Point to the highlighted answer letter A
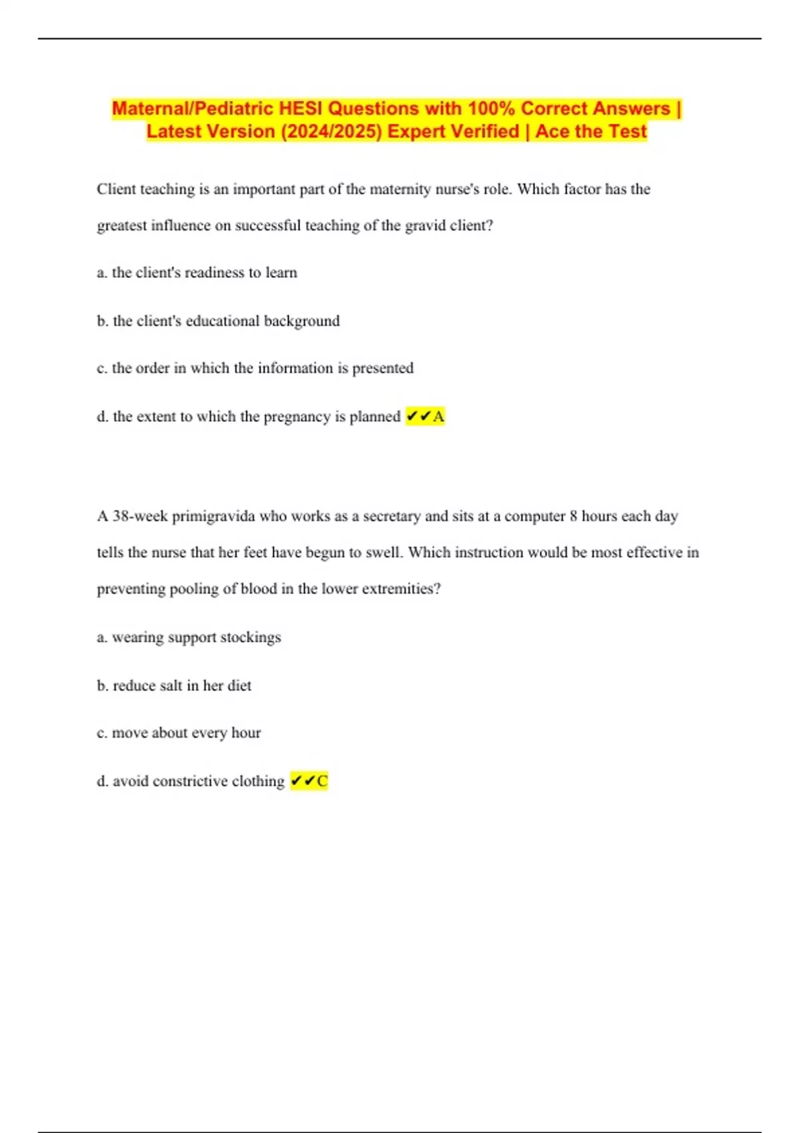click(x=439, y=417)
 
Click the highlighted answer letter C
click(x=322, y=781)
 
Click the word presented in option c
click(x=383, y=368)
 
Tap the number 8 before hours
click(x=573, y=517)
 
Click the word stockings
click(x=251, y=637)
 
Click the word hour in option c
click(x=246, y=733)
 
